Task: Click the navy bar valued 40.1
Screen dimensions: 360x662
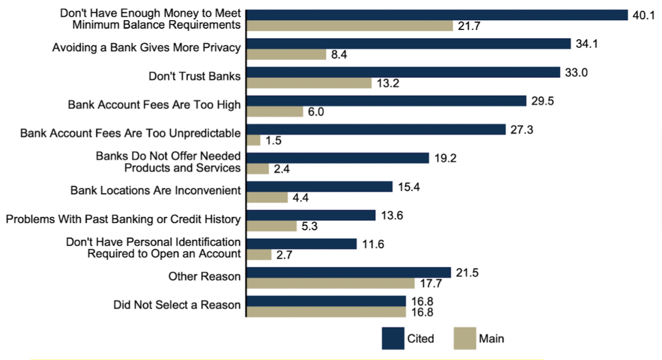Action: pos(437,15)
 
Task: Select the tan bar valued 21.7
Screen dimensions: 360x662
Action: pos(349,26)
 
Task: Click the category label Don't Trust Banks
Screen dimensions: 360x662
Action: pos(194,76)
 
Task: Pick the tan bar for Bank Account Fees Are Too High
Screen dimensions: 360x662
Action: pos(275,112)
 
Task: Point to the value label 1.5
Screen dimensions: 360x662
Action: pos(273,140)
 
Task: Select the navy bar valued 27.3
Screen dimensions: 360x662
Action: pos(376,129)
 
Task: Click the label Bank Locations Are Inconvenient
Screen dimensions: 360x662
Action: pos(155,190)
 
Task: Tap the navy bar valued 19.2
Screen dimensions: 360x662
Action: pos(338,157)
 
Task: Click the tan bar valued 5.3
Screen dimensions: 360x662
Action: pos(272,226)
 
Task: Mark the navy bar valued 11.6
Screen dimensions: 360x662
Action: pos(302,243)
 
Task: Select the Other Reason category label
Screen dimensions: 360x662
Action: pos(204,276)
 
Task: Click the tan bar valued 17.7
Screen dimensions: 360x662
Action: pos(330,283)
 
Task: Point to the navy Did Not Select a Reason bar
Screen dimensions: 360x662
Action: pos(326,301)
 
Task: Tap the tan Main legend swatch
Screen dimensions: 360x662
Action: pos(464,339)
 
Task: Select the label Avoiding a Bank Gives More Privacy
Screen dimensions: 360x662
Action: pos(146,47)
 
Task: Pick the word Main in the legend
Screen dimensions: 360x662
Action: pos(491,339)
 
